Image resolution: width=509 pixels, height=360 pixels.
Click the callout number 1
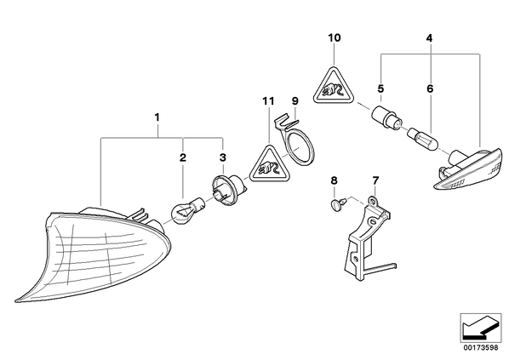(157, 117)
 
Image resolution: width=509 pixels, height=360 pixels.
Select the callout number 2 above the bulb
(183, 158)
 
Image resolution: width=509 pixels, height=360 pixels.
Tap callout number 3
(222, 158)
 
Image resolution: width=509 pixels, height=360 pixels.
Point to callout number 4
(429, 38)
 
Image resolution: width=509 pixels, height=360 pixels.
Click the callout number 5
(380, 89)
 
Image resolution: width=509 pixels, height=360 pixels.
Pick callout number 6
(430, 89)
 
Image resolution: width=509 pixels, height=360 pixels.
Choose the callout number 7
(375, 180)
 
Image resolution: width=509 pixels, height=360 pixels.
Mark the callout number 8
(334, 180)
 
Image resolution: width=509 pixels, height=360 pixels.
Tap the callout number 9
(295, 100)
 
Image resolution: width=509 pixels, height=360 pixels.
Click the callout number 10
(335, 38)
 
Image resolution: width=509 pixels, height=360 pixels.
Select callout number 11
(268, 101)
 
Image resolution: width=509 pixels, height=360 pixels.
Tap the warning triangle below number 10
(334, 87)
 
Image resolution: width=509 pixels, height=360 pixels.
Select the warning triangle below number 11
(269, 166)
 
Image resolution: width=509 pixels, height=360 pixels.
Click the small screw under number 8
(337, 204)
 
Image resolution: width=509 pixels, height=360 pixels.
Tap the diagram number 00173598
(480, 348)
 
